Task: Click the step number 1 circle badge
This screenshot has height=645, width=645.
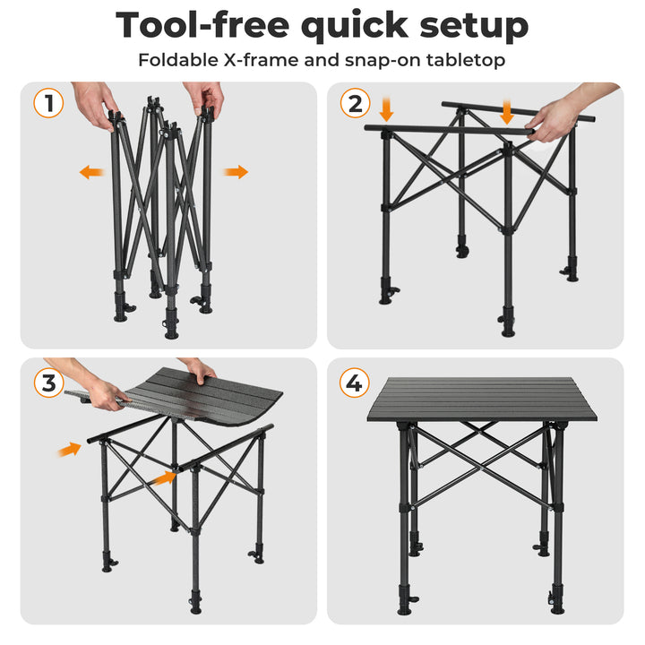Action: pyautogui.click(x=48, y=103)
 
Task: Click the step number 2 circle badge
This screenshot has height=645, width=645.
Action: pyautogui.click(x=355, y=103)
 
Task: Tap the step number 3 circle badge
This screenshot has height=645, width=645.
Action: pyautogui.click(x=48, y=383)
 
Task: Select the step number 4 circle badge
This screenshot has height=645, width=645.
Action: pyautogui.click(x=355, y=383)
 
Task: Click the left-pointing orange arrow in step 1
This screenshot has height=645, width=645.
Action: pyautogui.click(x=90, y=172)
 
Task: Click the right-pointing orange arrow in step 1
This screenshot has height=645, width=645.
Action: pyautogui.click(x=236, y=172)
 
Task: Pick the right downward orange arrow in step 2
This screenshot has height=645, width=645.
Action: pyautogui.click(x=507, y=112)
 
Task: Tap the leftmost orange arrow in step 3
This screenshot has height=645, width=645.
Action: pyautogui.click(x=69, y=449)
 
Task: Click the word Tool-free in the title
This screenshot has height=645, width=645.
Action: pyautogui.click(x=205, y=25)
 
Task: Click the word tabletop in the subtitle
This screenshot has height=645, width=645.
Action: pyautogui.click(x=466, y=61)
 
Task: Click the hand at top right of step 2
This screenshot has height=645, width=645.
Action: pyautogui.click(x=573, y=112)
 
